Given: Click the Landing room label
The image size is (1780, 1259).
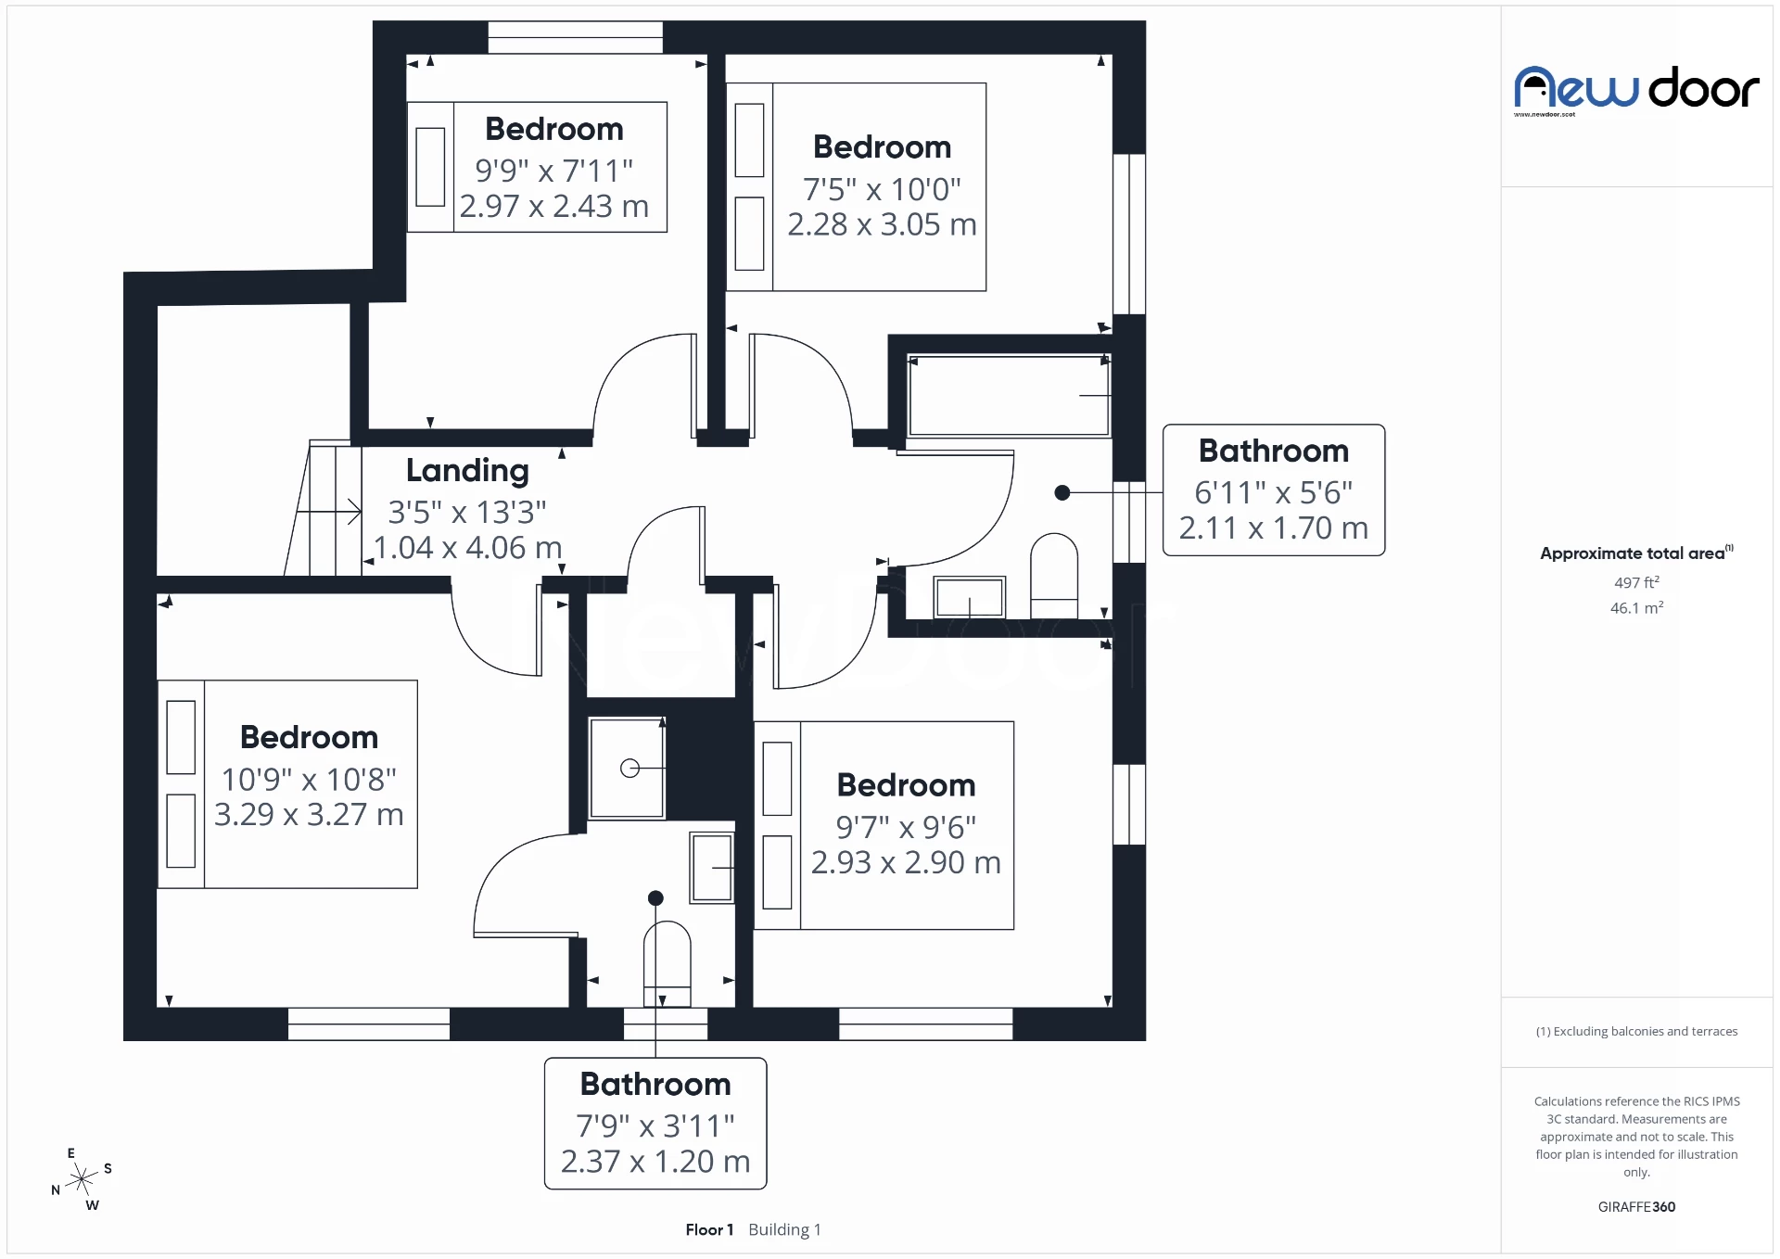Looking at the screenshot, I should click(467, 471).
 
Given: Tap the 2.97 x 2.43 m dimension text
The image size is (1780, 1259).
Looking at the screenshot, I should click(554, 206).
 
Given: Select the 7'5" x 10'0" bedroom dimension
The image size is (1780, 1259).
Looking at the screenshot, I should click(882, 189).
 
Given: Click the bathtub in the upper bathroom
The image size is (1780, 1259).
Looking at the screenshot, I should click(1009, 395).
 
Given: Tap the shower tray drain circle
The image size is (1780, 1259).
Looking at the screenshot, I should click(629, 768).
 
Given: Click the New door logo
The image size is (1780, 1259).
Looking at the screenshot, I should click(1636, 90).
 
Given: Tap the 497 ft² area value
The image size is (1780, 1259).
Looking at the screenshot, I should click(1636, 582).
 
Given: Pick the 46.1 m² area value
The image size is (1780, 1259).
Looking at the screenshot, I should click(1636, 608).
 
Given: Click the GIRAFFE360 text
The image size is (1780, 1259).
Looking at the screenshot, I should click(1636, 1206).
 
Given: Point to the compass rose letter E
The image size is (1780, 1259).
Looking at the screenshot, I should click(71, 1153).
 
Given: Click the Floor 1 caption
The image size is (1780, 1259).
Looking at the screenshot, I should click(709, 1229).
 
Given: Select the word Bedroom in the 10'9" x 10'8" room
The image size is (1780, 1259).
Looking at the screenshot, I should click(309, 737).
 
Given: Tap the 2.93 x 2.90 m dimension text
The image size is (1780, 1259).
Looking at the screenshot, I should click(906, 862).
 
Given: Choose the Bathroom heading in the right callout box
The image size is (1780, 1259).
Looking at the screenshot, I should click(1273, 451).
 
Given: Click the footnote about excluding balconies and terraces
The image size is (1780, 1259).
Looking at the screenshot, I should click(1636, 1031).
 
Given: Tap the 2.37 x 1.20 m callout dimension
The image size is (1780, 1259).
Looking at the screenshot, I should click(655, 1162).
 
